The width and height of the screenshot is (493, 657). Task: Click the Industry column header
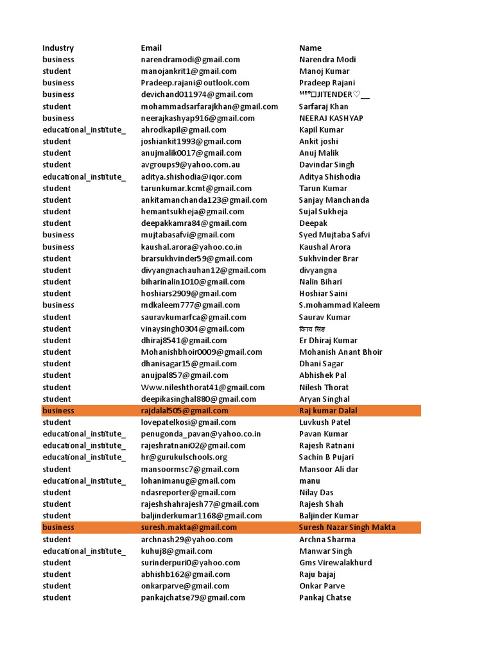[58, 47]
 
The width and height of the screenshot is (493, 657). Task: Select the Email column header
[151, 47]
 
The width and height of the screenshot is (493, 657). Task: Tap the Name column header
[310, 47]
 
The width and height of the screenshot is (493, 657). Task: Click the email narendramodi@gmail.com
[190, 60]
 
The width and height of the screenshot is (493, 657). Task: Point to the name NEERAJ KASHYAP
[331, 118]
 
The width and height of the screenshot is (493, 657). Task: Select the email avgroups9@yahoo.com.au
[190, 165]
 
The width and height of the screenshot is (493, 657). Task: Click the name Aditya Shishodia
[329, 176]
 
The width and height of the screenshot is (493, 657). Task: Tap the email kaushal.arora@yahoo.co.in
[191, 247]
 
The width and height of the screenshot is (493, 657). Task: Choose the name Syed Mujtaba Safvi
[334, 235]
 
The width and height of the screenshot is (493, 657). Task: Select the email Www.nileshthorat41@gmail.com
[203, 388]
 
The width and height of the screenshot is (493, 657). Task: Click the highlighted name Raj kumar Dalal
[328, 411]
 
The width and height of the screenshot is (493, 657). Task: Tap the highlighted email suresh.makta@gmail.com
[189, 527]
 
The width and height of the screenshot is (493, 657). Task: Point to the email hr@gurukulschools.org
[184, 457]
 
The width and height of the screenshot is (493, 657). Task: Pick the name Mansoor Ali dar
[329, 469]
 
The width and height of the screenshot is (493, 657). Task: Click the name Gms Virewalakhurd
[335, 563]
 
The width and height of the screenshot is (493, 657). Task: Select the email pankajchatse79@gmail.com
[193, 597]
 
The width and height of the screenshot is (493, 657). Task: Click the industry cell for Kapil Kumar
[84, 130]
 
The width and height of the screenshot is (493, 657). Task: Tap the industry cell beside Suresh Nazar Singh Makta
[58, 527]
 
